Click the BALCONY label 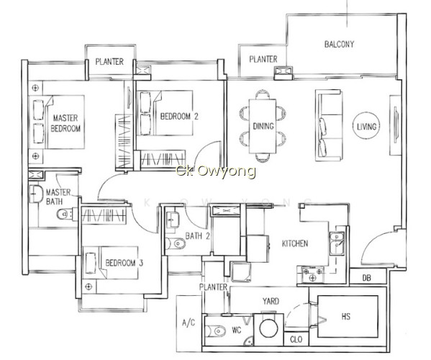coord(339,44)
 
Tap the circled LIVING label coord(366,126)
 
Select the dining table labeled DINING coord(263,126)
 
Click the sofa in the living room coord(328,125)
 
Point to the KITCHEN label coord(295,243)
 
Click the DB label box coord(366,278)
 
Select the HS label coord(346,317)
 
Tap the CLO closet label coord(296,340)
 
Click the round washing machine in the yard coord(268,328)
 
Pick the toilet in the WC coord(216,331)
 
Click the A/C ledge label coord(189,323)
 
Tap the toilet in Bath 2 coord(176,243)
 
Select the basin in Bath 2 coord(173,220)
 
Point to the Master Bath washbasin coord(36,194)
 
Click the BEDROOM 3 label coord(124,263)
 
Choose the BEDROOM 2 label coord(179,117)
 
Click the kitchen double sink coord(337,243)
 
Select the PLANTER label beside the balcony coord(263,59)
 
